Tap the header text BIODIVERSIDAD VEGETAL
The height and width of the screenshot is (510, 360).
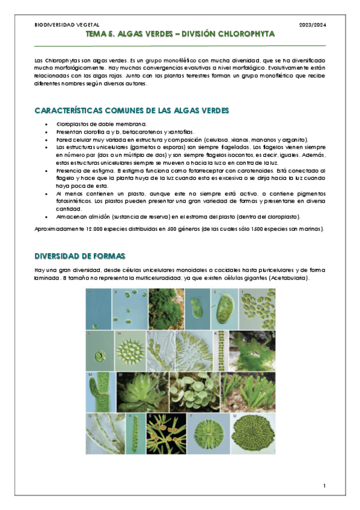tap(59, 24)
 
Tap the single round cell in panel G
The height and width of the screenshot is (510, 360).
tap(98, 349)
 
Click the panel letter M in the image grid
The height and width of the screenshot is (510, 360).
tap(89, 375)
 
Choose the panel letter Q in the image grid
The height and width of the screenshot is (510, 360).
tap(89, 416)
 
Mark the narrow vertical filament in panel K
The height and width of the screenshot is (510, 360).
tap(221, 349)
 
